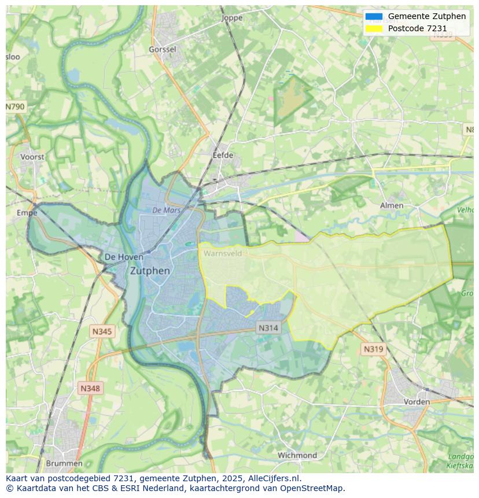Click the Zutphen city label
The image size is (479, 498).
tap(150, 271)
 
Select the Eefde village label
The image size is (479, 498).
tap(223, 156)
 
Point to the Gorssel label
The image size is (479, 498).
tap(162, 50)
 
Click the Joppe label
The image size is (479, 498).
tap(232, 18)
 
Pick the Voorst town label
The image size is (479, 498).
tap(32, 157)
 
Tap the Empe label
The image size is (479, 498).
tap(27, 213)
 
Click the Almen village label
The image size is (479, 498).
tap(392, 205)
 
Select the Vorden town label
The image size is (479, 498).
tap(417, 401)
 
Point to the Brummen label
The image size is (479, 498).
tap(64, 463)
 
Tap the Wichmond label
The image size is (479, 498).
tap(297, 455)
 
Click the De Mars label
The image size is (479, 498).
tap(167, 211)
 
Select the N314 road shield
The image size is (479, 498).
tap(268, 328)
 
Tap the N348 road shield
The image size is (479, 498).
tap(90, 389)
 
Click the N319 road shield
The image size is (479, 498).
tap(373, 349)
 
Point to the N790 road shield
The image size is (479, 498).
tap(16, 107)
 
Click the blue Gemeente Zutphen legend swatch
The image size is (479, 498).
tap(374, 16)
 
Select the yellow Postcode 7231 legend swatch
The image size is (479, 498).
tap(374, 28)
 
